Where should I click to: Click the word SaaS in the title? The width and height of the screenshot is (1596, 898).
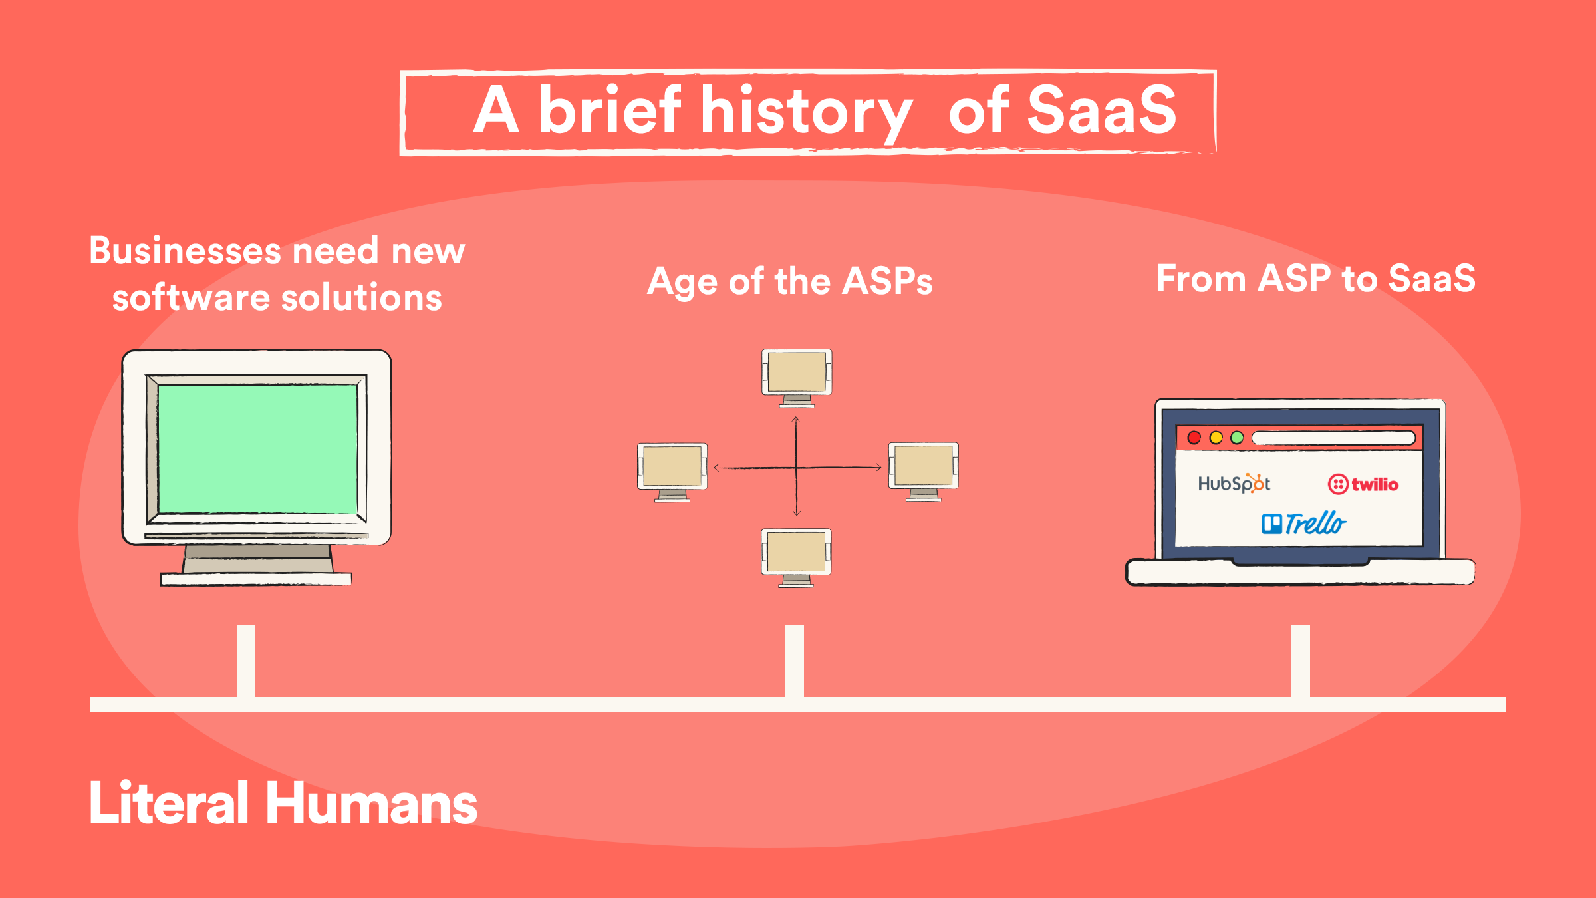tap(1102, 110)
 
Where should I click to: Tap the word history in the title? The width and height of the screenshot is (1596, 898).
tap(807, 114)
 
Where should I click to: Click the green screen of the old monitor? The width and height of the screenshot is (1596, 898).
tap(257, 449)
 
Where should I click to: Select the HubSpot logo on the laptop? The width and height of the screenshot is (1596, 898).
tap(1234, 483)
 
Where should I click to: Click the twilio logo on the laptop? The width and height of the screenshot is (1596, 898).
tap(1363, 484)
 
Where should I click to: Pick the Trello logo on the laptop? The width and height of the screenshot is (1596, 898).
tap(1304, 524)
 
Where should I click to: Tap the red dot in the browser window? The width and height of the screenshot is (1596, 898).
tap(1194, 438)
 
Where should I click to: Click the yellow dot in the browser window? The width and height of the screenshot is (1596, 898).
tap(1216, 438)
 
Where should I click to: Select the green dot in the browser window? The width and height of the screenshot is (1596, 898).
tap(1237, 438)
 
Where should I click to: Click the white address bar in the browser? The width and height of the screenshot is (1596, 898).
tap(1333, 438)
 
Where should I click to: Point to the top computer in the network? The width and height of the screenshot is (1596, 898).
tap(797, 378)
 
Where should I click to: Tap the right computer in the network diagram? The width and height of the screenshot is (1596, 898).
tap(924, 472)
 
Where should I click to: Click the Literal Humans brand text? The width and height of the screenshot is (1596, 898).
tap(283, 803)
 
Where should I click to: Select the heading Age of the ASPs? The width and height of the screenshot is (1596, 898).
tap(790, 281)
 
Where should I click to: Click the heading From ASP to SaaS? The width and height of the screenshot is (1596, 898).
tap(1316, 278)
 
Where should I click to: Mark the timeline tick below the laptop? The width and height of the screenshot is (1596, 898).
tap(1301, 661)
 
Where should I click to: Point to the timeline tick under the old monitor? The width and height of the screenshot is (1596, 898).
tap(246, 661)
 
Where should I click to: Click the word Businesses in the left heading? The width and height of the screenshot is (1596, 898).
tap(186, 251)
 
